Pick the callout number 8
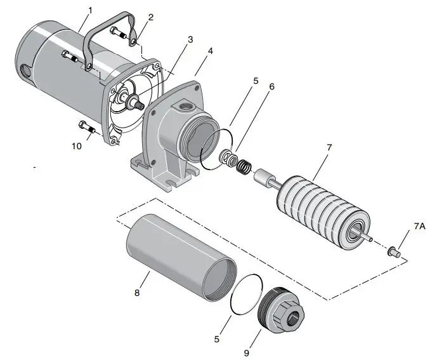pos(136,293)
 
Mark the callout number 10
pos(75,145)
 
